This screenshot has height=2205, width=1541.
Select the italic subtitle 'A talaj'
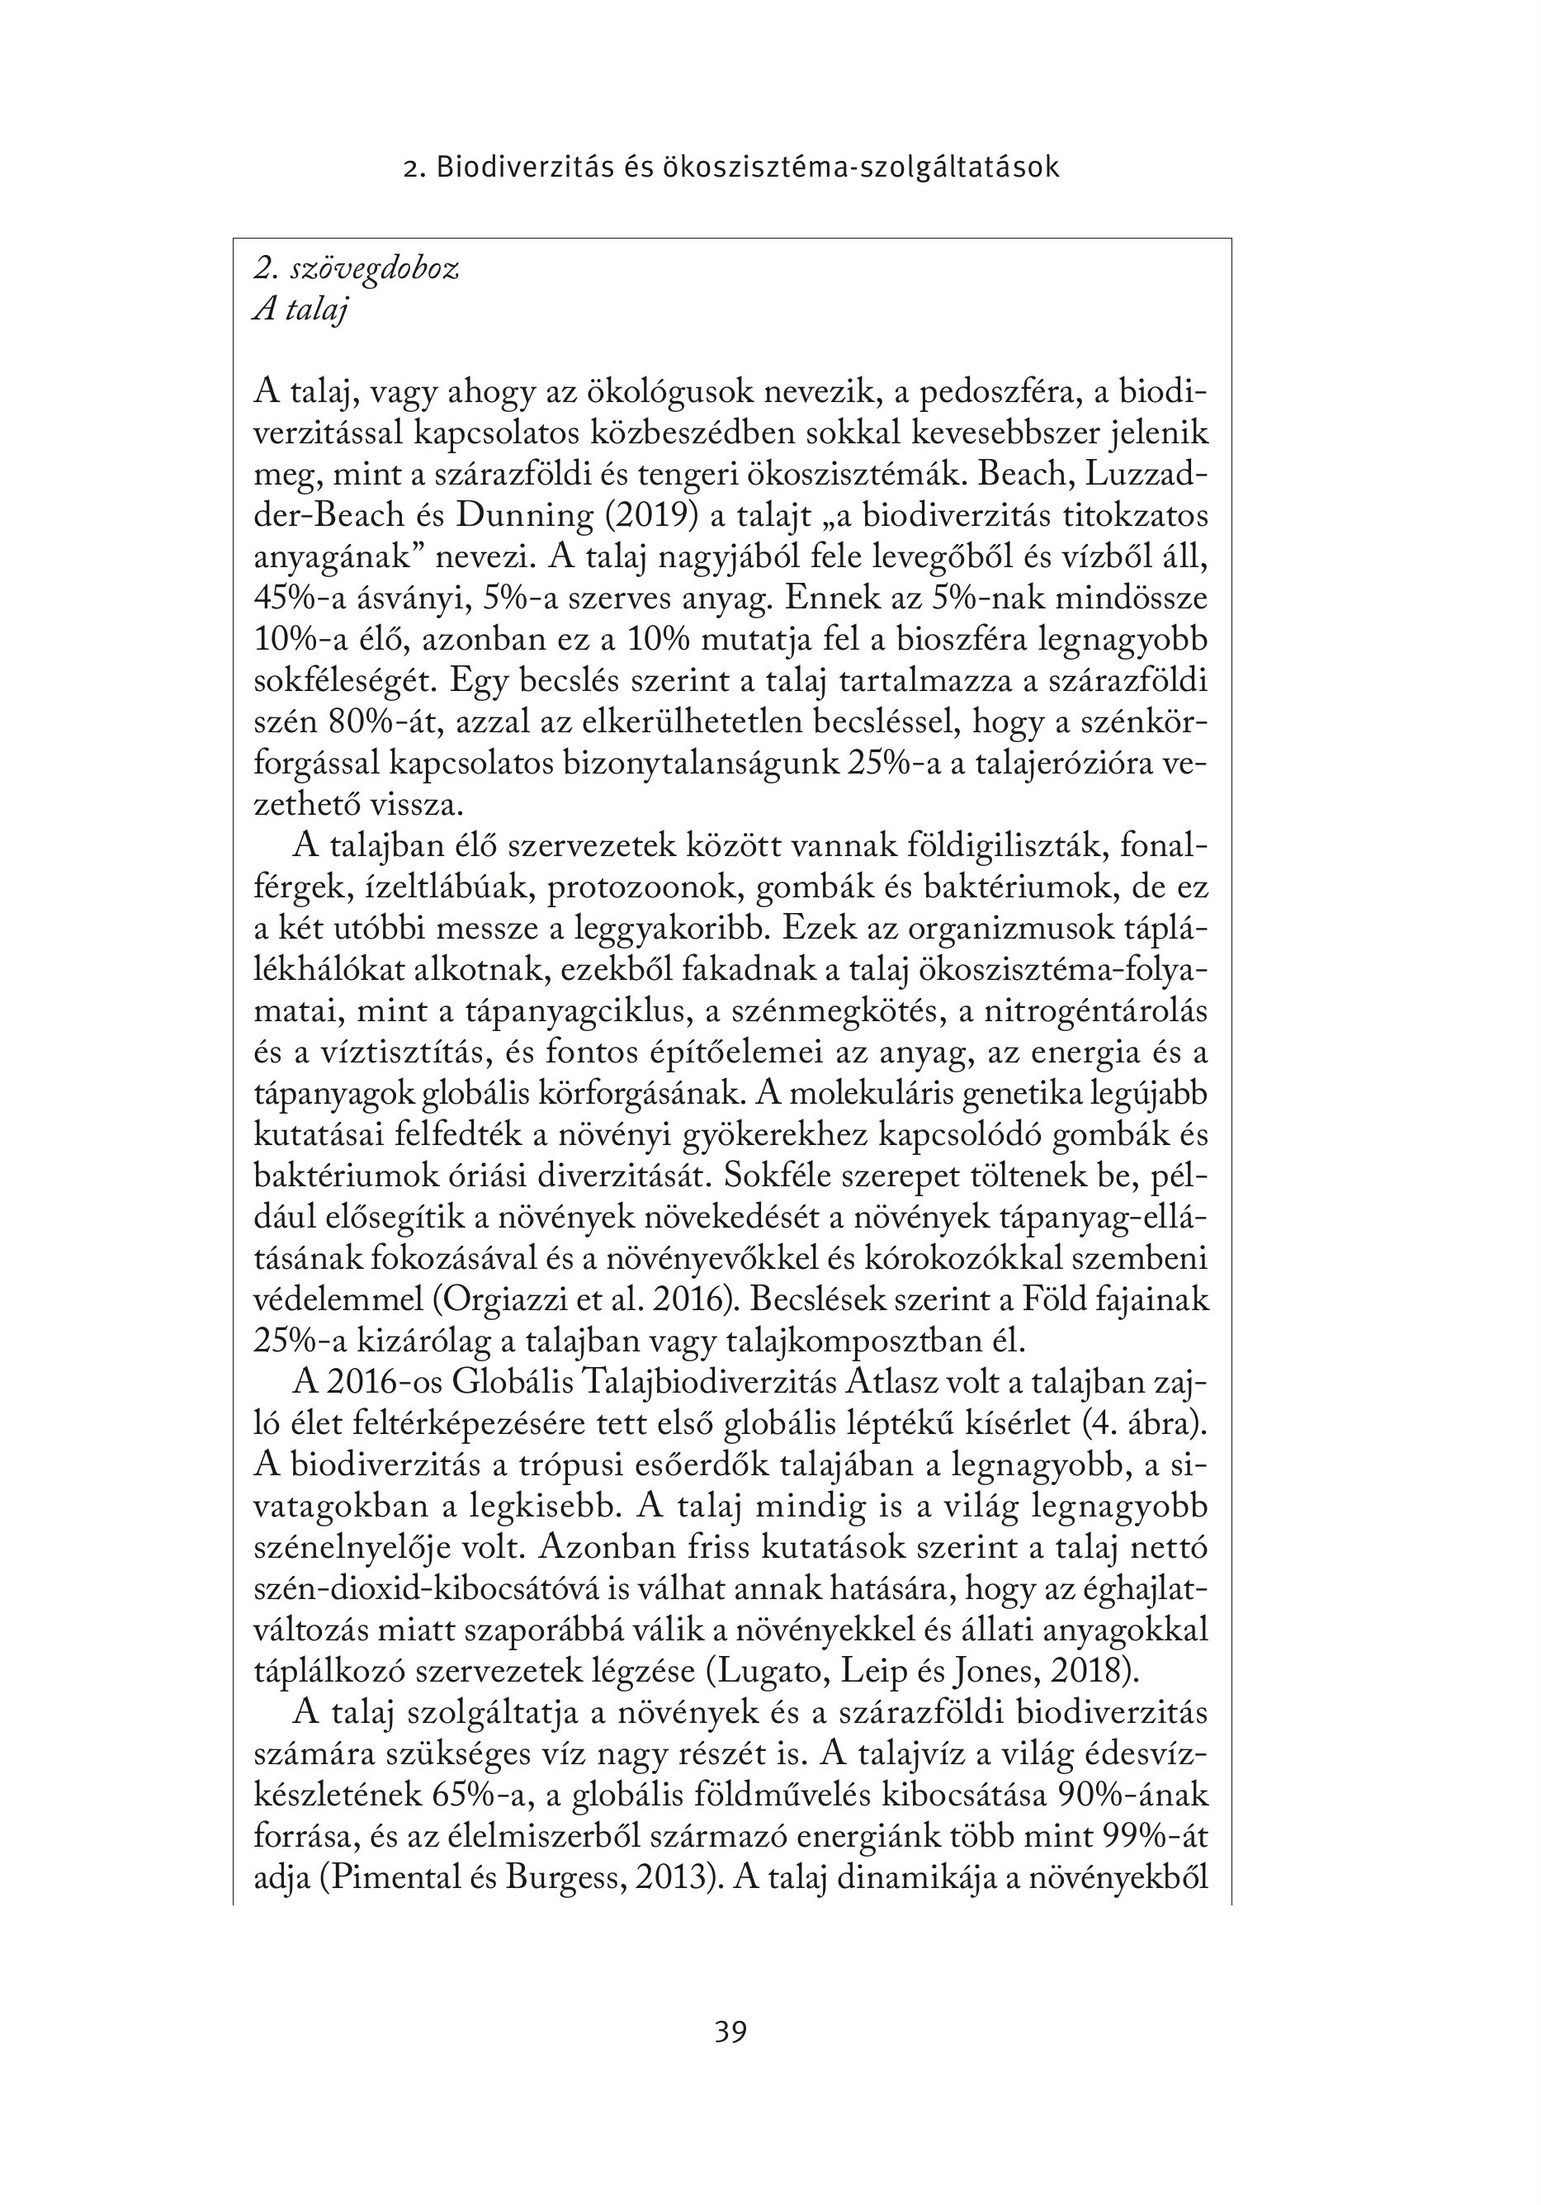pos(300,310)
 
